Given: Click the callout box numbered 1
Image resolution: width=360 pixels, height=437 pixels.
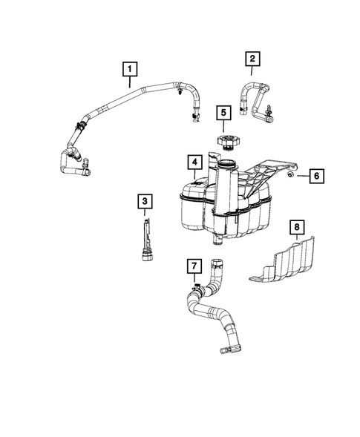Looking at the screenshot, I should [x=130, y=70].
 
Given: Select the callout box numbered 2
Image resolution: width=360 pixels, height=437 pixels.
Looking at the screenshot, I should [x=252, y=58].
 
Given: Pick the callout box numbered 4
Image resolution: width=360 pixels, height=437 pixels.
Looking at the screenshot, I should [x=192, y=162].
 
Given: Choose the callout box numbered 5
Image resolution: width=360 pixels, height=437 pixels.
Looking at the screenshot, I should [x=222, y=114].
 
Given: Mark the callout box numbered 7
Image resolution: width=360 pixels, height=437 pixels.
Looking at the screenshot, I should [x=192, y=265].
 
